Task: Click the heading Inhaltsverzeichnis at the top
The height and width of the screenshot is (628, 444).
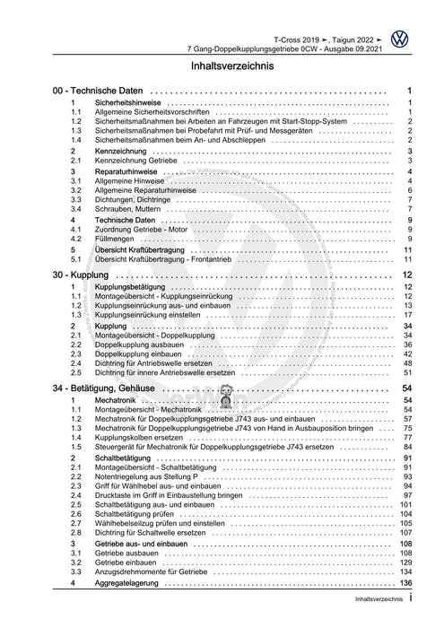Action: (x=222, y=66)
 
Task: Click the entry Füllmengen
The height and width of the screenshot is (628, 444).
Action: (x=114, y=239)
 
